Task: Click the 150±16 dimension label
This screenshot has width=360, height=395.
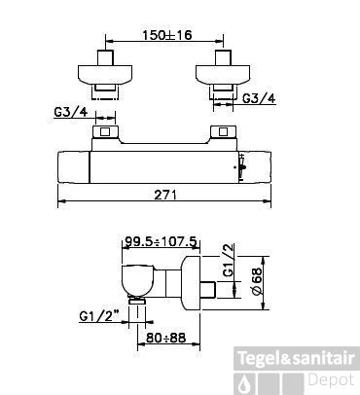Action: coord(167,34)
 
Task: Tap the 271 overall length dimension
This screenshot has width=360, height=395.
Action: coord(165,195)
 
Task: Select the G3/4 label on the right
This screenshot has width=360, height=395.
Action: coord(259,98)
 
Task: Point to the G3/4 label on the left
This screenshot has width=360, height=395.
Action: coord(71,112)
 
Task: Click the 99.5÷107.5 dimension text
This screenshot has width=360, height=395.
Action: coord(161,241)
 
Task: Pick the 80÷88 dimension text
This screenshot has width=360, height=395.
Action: coord(165,338)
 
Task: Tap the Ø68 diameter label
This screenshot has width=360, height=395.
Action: coord(257,282)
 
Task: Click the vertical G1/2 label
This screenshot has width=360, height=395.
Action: coord(229,260)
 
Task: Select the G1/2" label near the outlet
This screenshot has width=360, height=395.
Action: coord(99,315)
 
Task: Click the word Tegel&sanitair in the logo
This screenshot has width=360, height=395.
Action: coord(296,358)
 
